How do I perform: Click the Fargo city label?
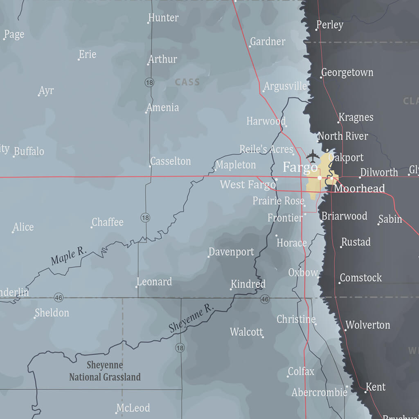click(x=300, y=167)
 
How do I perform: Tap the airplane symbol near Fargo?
click(x=313, y=155)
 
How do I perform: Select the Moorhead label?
click(x=359, y=188)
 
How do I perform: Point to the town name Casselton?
click(x=170, y=161)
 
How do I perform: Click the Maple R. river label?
click(x=69, y=257)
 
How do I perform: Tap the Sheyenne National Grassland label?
click(x=105, y=371)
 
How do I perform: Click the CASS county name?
click(x=187, y=82)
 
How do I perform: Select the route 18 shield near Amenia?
click(x=149, y=83)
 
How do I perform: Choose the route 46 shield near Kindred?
click(x=265, y=300)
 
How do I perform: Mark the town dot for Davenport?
click(x=209, y=257)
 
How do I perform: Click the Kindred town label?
click(x=248, y=284)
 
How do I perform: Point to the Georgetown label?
click(x=347, y=72)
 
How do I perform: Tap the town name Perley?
click(x=330, y=25)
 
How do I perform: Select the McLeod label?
click(x=133, y=408)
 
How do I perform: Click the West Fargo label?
click(x=248, y=185)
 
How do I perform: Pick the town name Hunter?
click(x=163, y=18)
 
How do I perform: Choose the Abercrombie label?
click(x=319, y=392)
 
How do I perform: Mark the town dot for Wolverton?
click(x=345, y=329)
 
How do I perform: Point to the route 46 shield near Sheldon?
click(x=59, y=297)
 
